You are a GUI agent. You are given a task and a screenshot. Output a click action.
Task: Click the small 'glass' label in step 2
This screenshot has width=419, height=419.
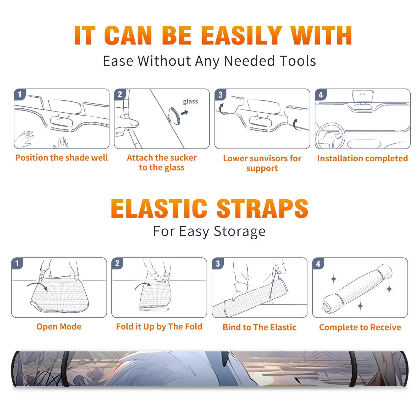coord(190,102)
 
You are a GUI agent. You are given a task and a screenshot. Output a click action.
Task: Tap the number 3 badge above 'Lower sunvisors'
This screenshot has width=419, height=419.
coord(220,95)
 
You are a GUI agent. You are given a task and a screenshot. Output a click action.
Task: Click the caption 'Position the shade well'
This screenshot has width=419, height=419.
coord(62,158)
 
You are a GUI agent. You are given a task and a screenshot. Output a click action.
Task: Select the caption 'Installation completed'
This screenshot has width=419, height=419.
coord(362,158)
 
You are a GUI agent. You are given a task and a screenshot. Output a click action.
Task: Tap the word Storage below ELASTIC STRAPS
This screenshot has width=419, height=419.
coord(239,231)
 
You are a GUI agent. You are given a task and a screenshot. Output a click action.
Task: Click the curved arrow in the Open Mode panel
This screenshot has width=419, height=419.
coord(37,285)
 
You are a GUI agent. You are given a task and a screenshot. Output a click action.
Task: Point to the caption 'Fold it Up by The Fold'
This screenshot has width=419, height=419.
coord(159,327)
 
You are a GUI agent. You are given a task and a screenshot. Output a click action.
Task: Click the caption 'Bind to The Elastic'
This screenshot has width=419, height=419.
coord(260,327)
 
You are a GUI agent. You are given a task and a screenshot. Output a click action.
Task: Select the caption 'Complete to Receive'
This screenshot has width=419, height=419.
coord(360,327)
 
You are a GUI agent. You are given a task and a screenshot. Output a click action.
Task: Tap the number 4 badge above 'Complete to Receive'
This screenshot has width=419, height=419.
coord(318,263)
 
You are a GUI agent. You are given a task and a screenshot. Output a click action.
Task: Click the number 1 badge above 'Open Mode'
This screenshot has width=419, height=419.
coord(17,263)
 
